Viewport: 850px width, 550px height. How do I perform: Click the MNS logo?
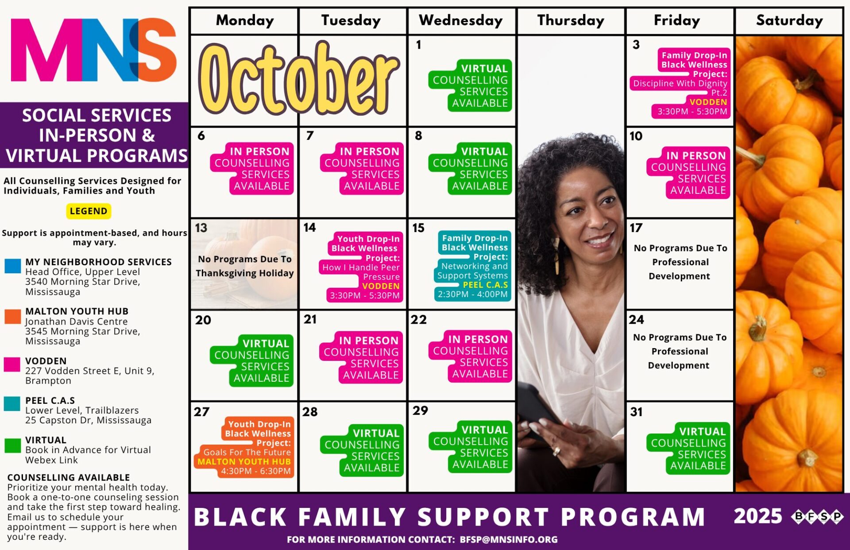pos(94,50)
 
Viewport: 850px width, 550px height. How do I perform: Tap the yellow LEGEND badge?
pos(89,211)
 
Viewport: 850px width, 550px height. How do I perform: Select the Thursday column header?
pos(571,20)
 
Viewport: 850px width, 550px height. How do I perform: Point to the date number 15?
pos(418,228)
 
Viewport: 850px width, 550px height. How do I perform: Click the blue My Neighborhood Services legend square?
pos(12,266)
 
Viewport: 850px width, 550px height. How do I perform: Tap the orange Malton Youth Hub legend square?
pos(12,316)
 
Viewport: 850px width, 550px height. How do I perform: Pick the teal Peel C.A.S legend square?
pos(12,404)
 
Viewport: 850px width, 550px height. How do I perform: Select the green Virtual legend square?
pos(12,445)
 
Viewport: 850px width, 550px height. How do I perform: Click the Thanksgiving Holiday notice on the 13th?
pos(245,266)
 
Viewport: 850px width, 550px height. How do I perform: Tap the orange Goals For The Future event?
pos(244,447)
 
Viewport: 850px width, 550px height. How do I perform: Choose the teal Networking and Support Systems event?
pos(473,266)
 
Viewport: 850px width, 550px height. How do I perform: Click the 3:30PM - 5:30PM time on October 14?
pos(364,295)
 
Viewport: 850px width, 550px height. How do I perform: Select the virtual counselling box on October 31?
pos(688,448)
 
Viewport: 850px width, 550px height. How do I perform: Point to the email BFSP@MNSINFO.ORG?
pos(509,539)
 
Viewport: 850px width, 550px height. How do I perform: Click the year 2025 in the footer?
pos(758,516)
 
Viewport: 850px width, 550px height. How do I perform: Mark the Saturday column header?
pos(789,20)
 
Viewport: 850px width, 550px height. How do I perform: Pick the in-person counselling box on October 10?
pos(688,173)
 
